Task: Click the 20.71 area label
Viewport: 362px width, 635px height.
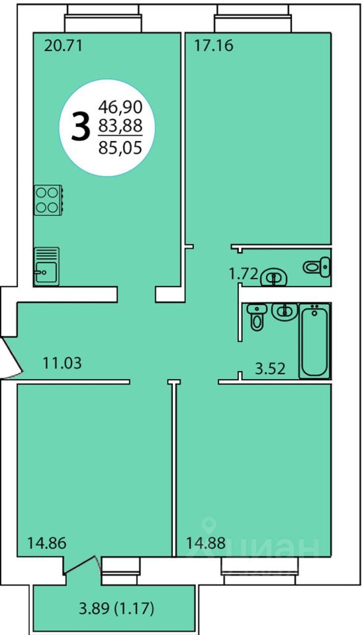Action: click(x=63, y=46)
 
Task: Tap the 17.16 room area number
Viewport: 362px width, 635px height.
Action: click(x=214, y=46)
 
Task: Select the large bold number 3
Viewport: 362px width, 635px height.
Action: click(x=80, y=127)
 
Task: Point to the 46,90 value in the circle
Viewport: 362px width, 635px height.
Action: click(x=120, y=108)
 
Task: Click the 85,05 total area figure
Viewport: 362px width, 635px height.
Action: click(x=120, y=148)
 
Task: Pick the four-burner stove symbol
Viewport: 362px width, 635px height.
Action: click(x=48, y=200)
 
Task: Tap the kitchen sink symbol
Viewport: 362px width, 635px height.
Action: click(x=46, y=266)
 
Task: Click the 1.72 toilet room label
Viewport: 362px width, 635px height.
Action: click(x=244, y=275)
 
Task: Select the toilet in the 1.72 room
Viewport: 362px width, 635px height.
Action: click(x=317, y=266)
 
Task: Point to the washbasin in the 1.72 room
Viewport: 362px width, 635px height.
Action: click(x=274, y=278)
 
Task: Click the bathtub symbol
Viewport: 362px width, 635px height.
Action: click(x=314, y=341)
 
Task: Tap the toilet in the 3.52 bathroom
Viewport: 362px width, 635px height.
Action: click(x=256, y=317)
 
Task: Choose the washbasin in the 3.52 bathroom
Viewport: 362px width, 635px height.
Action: click(x=285, y=311)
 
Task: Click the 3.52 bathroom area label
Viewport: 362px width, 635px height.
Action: click(x=270, y=368)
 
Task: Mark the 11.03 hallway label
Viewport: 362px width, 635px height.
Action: click(x=62, y=363)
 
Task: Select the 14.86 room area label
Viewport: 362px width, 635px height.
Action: click(x=46, y=542)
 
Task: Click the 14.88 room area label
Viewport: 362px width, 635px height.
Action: click(x=206, y=542)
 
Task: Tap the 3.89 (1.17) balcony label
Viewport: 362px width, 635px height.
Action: click(x=116, y=609)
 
